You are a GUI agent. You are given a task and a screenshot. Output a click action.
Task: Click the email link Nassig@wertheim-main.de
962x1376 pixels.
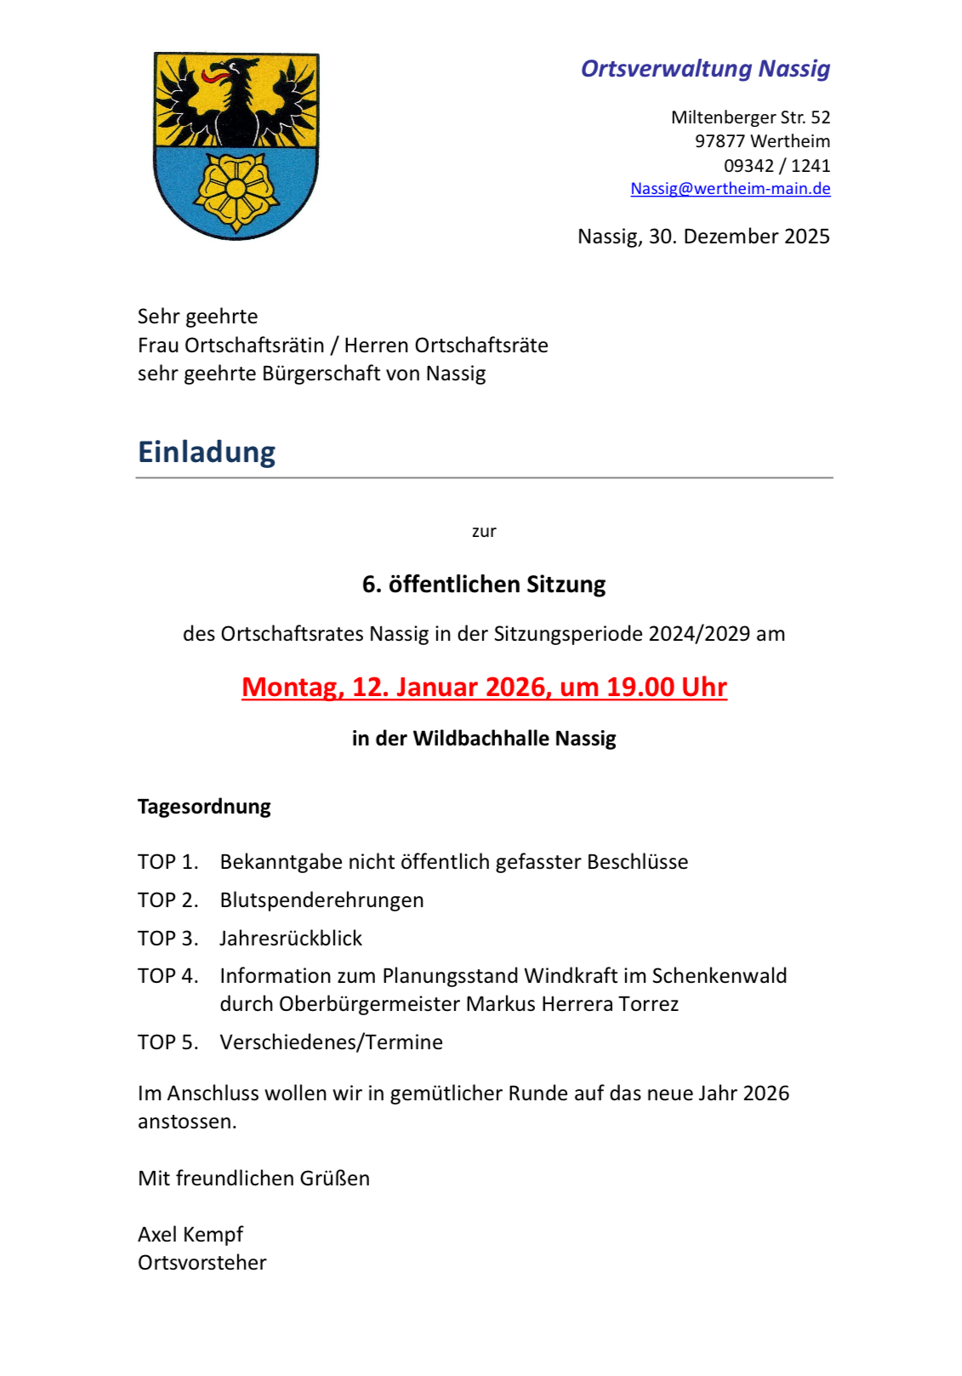tap(730, 189)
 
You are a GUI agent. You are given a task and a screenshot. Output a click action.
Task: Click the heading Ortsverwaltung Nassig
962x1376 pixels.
tap(705, 69)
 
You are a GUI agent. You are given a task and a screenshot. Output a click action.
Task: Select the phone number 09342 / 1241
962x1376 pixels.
tap(777, 165)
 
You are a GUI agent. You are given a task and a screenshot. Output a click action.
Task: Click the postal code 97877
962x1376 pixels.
tap(720, 141)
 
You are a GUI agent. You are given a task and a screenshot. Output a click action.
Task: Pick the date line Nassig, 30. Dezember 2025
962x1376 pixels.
tap(703, 237)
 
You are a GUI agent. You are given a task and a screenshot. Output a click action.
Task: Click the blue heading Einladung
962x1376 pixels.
tap(207, 452)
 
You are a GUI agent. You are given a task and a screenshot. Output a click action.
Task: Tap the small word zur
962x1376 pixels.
tap(484, 532)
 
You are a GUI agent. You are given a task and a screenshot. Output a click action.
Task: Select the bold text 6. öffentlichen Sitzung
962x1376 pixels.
tap(484, 585)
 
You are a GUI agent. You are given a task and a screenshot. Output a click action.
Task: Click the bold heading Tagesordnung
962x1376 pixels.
tap(204, 807)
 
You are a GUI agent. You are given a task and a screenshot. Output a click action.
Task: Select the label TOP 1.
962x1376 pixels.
tap(168, 862)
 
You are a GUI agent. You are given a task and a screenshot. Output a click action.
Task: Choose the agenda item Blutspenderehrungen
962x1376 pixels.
tap(322, 900)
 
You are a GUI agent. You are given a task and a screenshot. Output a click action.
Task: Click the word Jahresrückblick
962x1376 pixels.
tap(291, 939)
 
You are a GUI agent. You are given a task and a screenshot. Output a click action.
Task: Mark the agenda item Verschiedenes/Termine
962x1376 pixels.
tap(331, 1042)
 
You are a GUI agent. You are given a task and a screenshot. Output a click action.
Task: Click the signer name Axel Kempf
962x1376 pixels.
tap(191, 1235)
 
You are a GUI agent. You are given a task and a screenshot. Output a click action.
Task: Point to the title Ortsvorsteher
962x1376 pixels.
tap(202, 1263)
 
